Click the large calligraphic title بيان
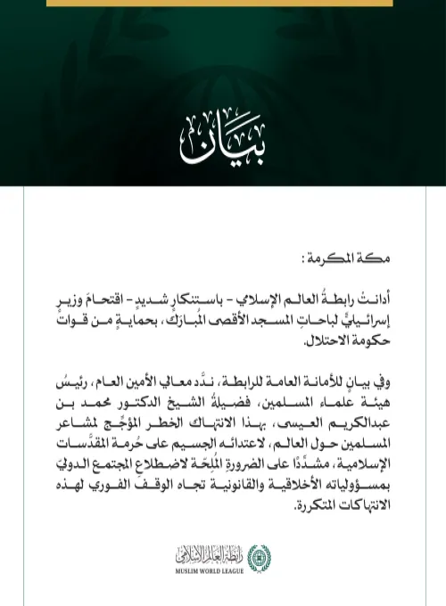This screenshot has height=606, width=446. pos(222,137)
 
